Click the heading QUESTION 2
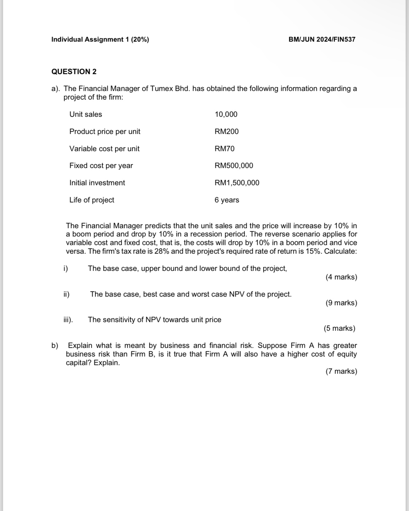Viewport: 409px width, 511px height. [74, 72]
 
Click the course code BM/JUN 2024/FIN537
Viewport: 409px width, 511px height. [322, 39]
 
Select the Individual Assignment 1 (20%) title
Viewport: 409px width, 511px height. [100, 39]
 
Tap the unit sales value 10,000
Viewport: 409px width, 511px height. [226, 114]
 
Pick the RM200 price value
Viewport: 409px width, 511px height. [226, 131]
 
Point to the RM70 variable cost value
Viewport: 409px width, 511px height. [225, 149]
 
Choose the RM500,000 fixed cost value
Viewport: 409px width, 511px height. [234, 166]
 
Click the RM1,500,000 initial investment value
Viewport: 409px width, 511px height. [237, 183]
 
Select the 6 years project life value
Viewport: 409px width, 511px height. [227, 200]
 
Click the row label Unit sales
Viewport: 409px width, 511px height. [86, 114]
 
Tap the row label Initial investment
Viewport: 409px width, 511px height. [97, 183]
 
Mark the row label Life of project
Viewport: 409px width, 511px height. [92, 200]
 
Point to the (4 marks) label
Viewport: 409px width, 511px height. [341, 277]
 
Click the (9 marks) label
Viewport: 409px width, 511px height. [341, 303]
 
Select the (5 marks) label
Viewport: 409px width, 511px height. [339, 328]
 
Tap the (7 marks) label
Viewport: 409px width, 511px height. [341, 371]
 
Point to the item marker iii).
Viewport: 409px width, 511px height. [68, 320]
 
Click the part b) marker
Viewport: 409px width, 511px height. [55, 345]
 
